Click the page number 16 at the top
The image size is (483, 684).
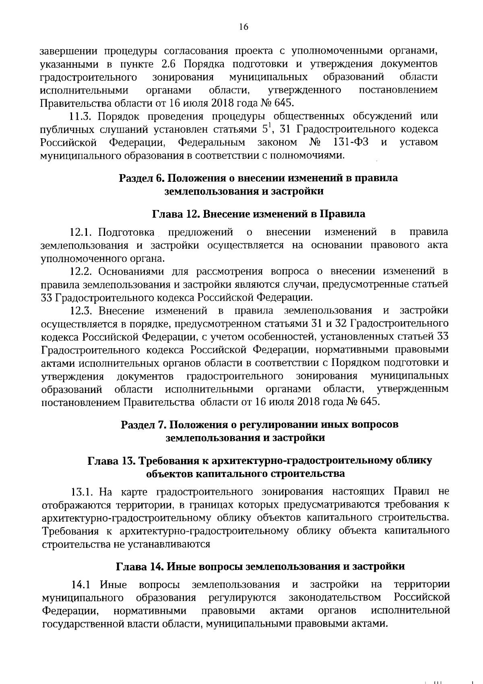(244, 27)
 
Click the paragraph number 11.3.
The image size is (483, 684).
(81, 116)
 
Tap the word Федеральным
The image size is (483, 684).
(211, 142)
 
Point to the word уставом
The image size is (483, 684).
(419, 142)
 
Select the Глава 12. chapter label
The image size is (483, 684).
(173, 214)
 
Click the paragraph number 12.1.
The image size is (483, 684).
(82, 233)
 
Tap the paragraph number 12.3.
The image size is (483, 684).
(82, 311)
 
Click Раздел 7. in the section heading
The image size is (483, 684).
(142, 424)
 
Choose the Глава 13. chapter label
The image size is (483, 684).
(107, 460)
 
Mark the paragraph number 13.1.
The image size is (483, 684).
(82, 492)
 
